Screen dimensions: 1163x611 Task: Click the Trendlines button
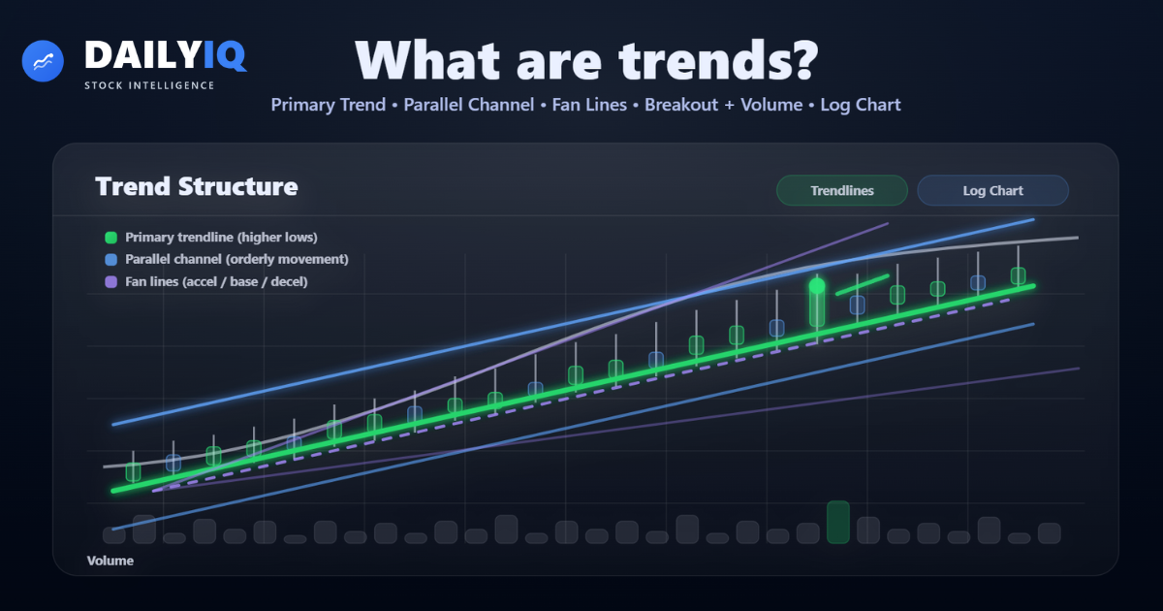point(841,191)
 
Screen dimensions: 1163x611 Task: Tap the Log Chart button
point(992,191)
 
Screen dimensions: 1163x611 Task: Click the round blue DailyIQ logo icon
point(43,61)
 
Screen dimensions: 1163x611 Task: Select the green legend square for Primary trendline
point(111,238)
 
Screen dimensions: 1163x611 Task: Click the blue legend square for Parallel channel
point(111,260)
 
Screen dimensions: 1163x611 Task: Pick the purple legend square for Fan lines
point(111,282)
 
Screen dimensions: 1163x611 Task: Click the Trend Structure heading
point(196,186)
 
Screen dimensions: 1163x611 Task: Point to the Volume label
point(110,561)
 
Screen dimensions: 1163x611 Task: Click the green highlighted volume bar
point(838,522)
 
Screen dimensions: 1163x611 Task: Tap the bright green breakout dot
point(817,285)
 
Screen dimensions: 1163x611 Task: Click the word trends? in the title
point(718,61)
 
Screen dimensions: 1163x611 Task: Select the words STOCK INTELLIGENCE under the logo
point(149,85)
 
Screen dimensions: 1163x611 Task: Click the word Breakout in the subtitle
point(681,105)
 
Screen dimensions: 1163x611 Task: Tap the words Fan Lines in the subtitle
point(589,105)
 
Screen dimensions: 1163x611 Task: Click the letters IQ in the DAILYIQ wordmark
point(225,55)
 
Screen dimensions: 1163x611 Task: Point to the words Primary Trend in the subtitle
point(329,105)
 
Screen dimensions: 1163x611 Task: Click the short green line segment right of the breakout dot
point(863,285)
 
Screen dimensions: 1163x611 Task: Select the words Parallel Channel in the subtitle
point(469,105)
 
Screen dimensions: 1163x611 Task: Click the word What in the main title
point(427,60)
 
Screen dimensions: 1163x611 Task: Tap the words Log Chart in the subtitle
point(861,105)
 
